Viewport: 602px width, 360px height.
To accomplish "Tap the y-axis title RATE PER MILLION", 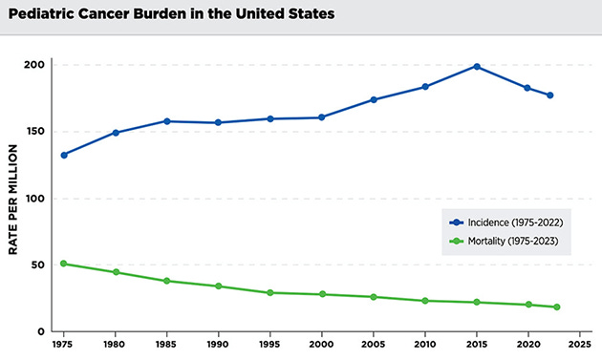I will tap(13, 199).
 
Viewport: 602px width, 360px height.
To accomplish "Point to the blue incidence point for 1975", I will tap(64, 155).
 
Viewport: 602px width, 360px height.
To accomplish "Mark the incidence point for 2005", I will tap(374, 99).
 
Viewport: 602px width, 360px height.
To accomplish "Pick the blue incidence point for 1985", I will tap(167, 121).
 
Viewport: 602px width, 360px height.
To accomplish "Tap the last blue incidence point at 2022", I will tap(550, 95).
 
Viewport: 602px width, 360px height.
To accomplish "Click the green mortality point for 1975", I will tap(64, 264).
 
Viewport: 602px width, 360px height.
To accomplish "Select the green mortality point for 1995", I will tap(270, 292).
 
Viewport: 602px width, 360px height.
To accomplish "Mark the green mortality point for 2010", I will tap(425, 301).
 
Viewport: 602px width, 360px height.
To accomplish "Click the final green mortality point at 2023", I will tap(556, 307).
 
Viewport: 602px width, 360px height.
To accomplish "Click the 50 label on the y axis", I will tap(38, 265).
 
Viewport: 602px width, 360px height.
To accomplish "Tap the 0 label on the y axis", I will tap(41, 331).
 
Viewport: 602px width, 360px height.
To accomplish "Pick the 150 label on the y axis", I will tap(35, 132).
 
